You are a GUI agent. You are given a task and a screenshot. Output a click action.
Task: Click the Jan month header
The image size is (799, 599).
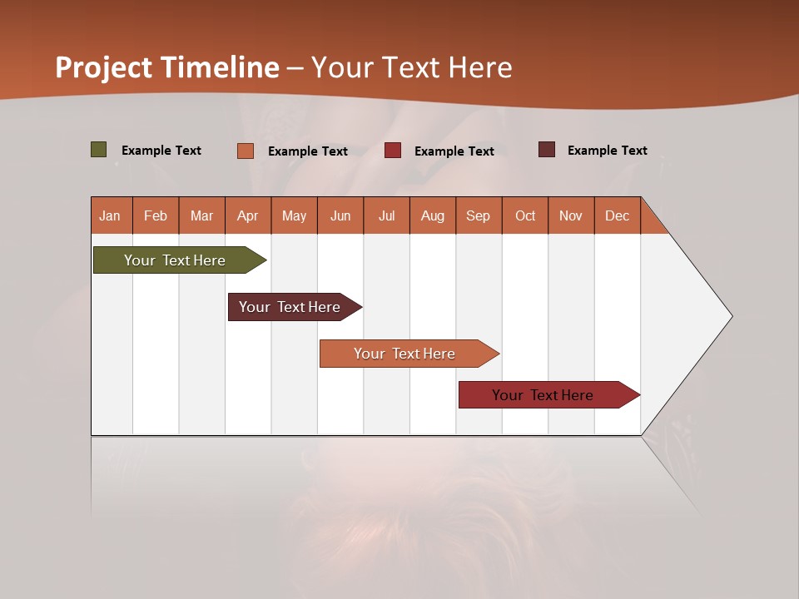pyautogui.click(x=110, y=215)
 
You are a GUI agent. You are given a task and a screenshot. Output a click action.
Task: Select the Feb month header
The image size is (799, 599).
pyautogui.click(x=156, y=215)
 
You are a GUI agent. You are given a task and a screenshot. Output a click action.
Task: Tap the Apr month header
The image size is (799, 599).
pyautogui.click(x=247, y=215)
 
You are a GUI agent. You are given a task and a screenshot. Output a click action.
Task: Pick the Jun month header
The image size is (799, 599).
pyautogui.click(x=340, y=215)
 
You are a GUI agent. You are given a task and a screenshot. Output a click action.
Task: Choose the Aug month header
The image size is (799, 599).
pyautogui.click(x=432, y=215)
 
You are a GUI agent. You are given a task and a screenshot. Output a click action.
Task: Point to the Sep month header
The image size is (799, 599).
pyautogui.click(x=478, y=215)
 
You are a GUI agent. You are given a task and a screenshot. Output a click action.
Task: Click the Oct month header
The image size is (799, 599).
pyautogui.click(x=525, y=215)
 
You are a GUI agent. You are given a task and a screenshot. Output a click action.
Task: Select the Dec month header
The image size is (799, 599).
pyautogui.click(x=617, y=215)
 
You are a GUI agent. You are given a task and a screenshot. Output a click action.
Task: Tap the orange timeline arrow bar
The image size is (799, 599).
pyautogui.click(x=405, y=354)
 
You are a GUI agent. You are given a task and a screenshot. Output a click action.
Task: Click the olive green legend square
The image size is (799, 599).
pyautogui.click(x=99, y=150)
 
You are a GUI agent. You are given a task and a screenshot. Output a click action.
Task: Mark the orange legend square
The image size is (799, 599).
pyautogui.click(x=246, y=151)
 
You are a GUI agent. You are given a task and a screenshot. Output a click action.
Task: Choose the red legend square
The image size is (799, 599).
pyautogui.click(x=393, y=151)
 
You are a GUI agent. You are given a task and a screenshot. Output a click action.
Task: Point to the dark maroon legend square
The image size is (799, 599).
pyautogui.click(x=547, y=150)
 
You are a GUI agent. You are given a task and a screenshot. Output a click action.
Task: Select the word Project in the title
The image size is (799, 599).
pyautogui.click(x=104, y=67)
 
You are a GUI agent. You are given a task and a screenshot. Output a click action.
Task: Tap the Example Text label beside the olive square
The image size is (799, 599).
pyautogui.click(x=161, y=151)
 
